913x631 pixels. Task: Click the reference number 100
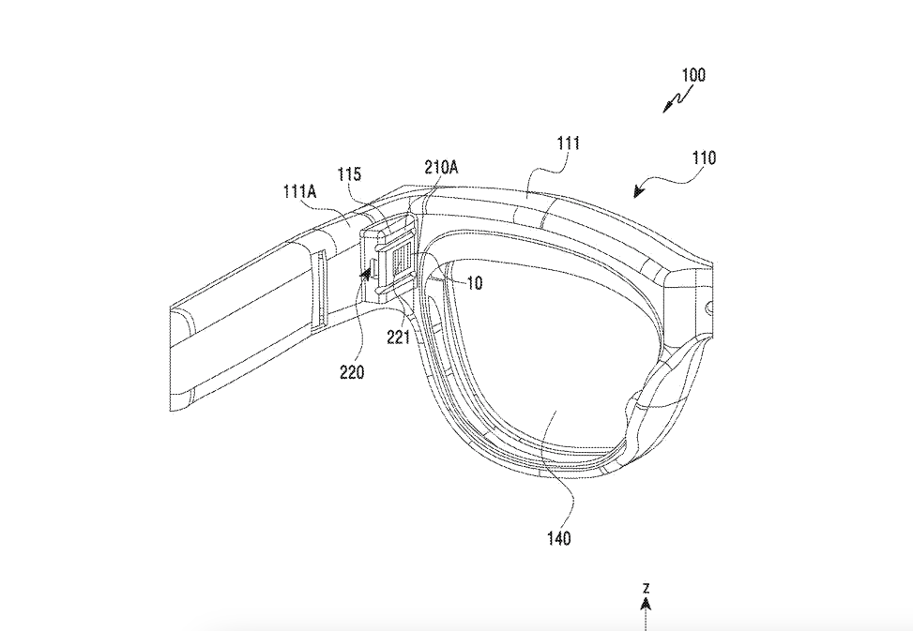(x=693, y=75)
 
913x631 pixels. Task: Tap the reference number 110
(x=703, y=158)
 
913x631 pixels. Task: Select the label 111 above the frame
(x=568, y=143)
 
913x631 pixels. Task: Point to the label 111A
(x=300, y=191)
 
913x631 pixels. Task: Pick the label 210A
(x=440, y=168)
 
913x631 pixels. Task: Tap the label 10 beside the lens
(x=475, y=283)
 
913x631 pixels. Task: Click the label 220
(x=353, y=372)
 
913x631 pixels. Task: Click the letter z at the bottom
(x=647, y=589)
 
